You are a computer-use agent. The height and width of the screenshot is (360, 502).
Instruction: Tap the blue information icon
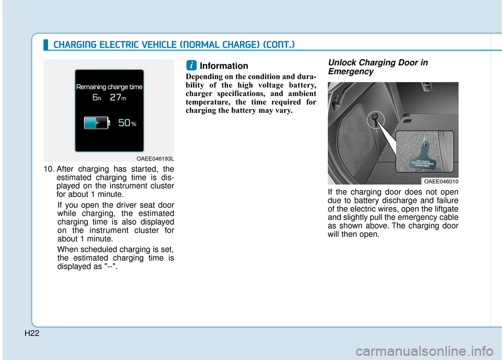coord(192,65)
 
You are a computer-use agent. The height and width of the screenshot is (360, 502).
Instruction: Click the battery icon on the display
coord(97,122)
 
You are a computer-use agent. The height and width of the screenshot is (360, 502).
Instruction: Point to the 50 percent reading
coord(127,122)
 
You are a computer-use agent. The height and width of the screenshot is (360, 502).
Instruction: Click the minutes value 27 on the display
coord(115,97)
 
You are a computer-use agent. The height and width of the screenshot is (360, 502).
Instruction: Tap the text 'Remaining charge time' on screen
coord(109,87)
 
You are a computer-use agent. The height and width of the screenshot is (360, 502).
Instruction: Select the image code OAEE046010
coord(441,181)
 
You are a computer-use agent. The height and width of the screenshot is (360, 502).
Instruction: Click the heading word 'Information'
coord(224,66)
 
